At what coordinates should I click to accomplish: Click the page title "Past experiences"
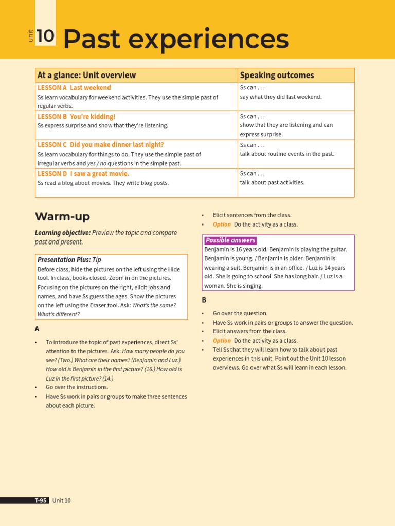[x=175, y=40]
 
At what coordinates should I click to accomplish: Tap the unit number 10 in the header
[x=45, y=36]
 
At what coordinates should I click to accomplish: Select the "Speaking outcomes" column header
[x=277, y=76]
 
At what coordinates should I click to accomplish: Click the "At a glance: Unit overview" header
[x=86, y=76]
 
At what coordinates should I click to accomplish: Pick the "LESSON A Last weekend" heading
[x=74, y=88]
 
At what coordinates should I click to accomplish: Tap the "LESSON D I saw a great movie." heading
[x=83, y=174]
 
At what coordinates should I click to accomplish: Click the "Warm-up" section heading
[x=62, y=216]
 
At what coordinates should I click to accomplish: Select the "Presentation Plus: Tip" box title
[x=69, y=260]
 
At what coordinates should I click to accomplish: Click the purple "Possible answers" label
[x=230, y=240]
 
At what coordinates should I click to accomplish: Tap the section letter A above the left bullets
[x=37, y=329]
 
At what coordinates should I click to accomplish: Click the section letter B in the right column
[x=204, y=300]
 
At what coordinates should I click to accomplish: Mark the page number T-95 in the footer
[x=41, y=500]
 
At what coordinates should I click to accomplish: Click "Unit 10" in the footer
[x=62, y=500]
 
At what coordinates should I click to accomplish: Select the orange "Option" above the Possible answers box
[x=222, y=224]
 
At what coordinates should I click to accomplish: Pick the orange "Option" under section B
[x=222, y=341]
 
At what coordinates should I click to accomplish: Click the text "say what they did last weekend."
[x=280, y=97]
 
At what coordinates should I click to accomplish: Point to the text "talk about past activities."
[x=272, y=182]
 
